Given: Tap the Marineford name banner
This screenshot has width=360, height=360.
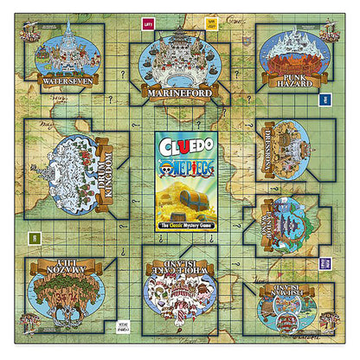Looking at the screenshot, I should point(180,92).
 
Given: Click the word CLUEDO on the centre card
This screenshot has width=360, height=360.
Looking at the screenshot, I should point(180,145).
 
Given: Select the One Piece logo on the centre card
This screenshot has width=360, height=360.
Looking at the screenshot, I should point(180,164).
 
